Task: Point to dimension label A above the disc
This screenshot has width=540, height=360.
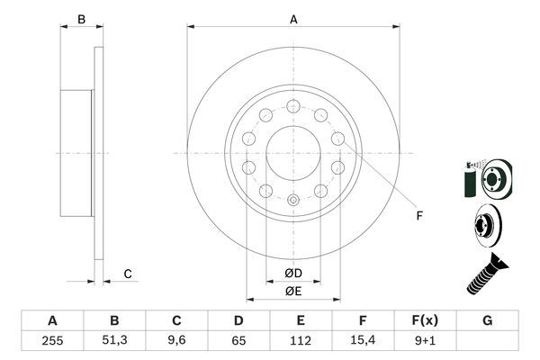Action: [293, 19]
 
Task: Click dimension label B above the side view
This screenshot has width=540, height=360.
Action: [80, 19]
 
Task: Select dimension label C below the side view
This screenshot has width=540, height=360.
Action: [128, 274]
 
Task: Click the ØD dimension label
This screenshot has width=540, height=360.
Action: [292, 273]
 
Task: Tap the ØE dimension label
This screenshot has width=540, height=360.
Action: [292, 290]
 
